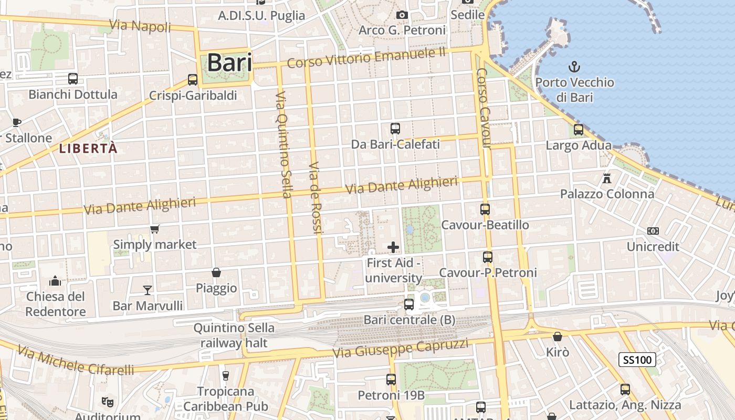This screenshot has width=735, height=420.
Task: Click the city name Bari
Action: point(229,62)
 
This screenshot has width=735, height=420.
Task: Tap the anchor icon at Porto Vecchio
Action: point(574,67)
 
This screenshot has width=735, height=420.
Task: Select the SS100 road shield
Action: point(637,360)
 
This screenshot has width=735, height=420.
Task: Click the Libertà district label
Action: point(88,149)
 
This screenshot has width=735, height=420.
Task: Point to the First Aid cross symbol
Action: point(393,247)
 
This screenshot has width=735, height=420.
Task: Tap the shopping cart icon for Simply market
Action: point(155,229)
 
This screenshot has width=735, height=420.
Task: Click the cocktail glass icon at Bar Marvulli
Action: point(148,290)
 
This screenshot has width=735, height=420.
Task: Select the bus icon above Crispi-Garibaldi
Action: point(193,80)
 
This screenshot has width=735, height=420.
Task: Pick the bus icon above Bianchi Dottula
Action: point(73,79)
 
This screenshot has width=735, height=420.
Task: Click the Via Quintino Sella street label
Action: point(283,144)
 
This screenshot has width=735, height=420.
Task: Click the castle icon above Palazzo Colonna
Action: point(607,178)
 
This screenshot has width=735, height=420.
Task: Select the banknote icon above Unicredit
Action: point(653,231)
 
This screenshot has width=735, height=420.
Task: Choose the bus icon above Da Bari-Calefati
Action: point(395,128)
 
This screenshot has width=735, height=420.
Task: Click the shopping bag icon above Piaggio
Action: point(216,272)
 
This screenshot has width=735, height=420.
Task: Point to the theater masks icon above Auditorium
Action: point(108,402)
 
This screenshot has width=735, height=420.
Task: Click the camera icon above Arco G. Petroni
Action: point(402,15)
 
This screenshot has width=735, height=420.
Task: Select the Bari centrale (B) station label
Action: point(409,320)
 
